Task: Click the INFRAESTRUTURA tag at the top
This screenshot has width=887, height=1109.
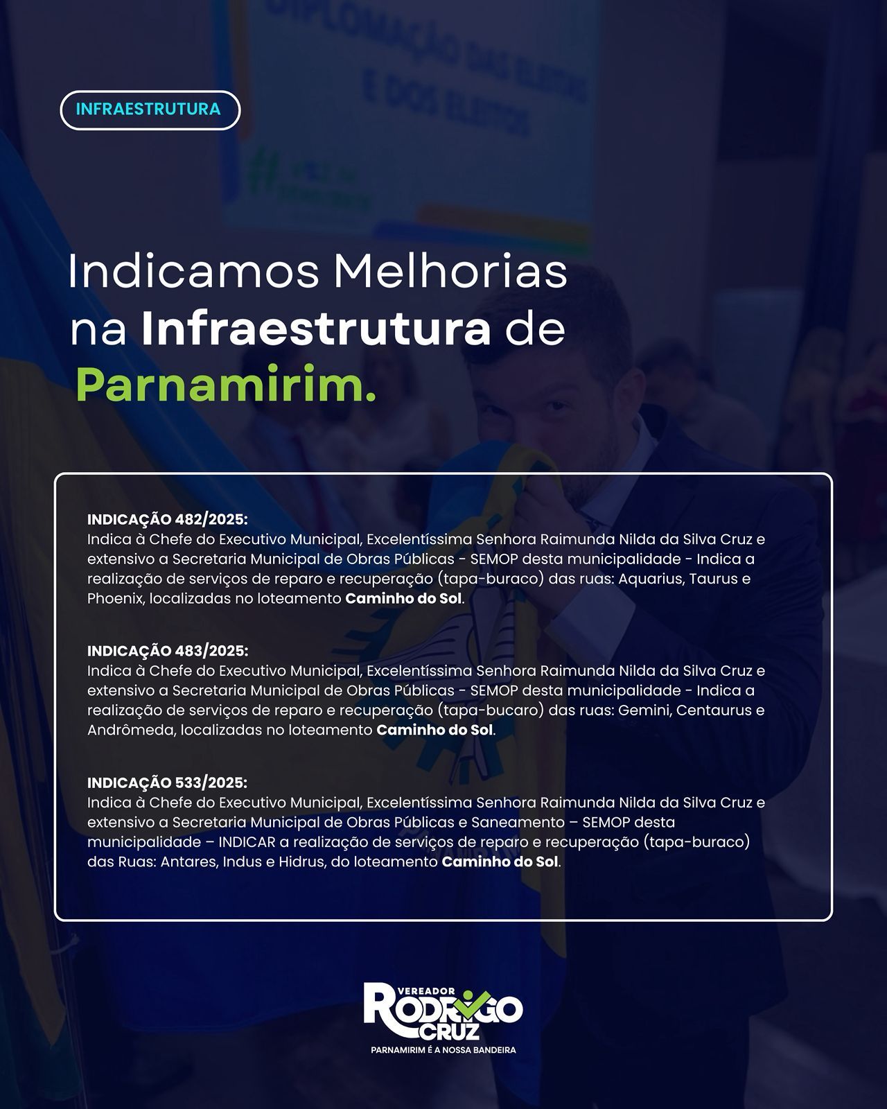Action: (x=150, y=110)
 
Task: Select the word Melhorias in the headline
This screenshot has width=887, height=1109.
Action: (x=450, y=271)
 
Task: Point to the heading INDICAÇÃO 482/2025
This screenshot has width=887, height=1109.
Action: (x=168, y=519)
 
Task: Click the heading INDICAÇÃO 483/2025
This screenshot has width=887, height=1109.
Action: (x=168, y=651)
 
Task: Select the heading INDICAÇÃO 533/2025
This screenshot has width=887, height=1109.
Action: (x=167, y=783)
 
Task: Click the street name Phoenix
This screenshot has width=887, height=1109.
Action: (x=116, y=599)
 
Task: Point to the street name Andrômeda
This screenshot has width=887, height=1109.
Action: (x=131, y=731)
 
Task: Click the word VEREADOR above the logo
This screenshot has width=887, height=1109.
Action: (x=427, y=991)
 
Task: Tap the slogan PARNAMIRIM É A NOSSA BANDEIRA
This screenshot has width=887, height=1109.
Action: (x=443, y=1049)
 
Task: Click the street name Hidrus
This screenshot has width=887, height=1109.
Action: (x=302, y=862)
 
